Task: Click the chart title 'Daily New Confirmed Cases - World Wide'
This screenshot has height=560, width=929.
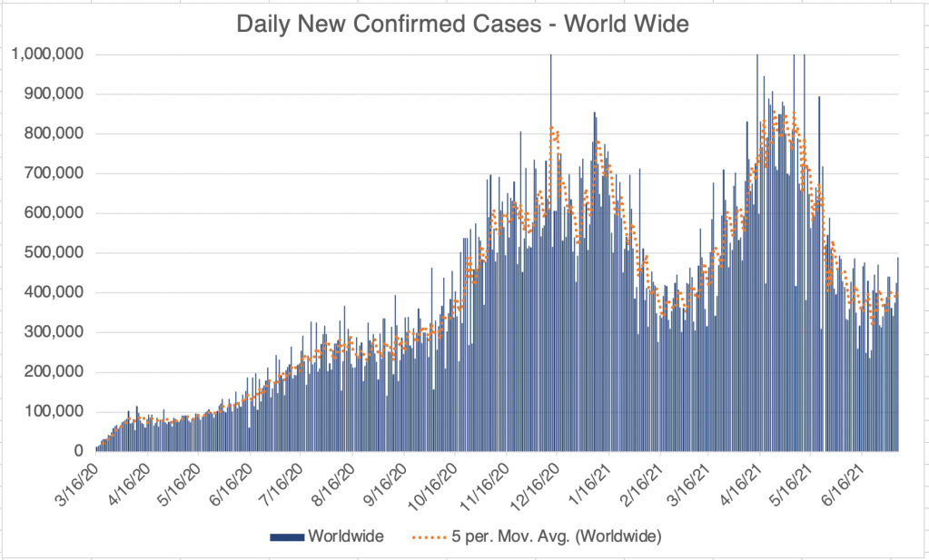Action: coord(462,25)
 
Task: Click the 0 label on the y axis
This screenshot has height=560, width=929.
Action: coord(79,451)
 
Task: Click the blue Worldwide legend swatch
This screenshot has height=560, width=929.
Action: coord(286,537)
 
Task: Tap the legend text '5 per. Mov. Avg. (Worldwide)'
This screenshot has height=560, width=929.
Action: coord(556,537)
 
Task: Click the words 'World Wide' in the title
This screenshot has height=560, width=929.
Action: coord(627,25)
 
